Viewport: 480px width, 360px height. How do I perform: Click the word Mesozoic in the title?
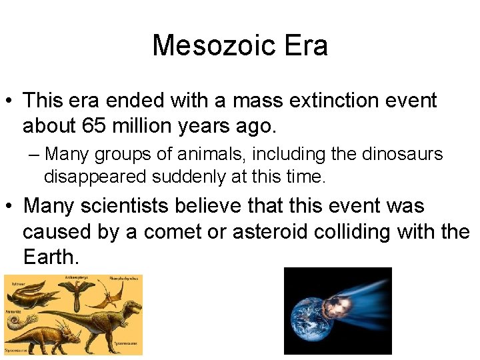(x=208, y=46)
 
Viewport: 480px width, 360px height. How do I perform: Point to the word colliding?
(x=393, y=232)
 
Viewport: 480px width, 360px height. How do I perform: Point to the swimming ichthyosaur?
(x=30, y=294)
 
